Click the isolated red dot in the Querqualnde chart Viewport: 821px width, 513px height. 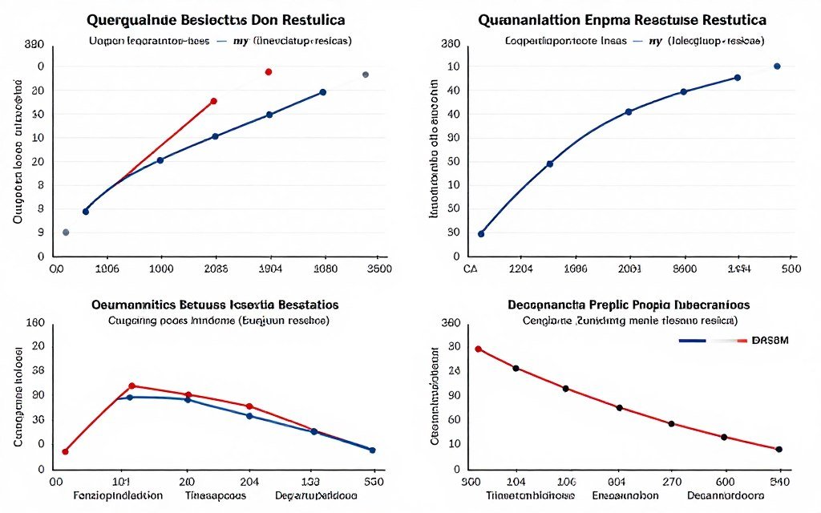coord(269,72)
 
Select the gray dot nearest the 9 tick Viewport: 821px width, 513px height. coord(66,232)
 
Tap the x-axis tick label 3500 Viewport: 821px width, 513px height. coord(377,269)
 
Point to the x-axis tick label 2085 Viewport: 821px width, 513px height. coord(213,269)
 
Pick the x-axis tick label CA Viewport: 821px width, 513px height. coord(471,269)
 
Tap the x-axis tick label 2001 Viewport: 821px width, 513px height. coord(629,269)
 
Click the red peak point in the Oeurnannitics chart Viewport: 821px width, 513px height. coord(132,386)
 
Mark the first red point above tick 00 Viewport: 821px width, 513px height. coord(65,451)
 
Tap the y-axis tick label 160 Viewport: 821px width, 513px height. coord(34,323)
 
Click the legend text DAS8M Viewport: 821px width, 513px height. coord(770,340)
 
